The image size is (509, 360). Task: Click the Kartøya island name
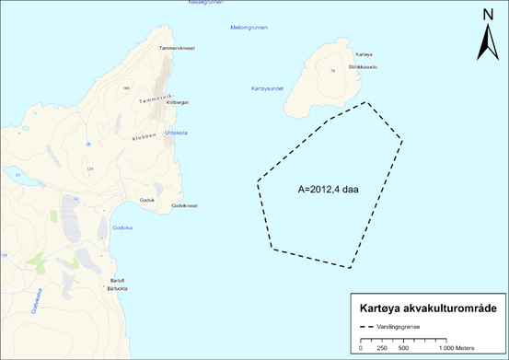(337, 56)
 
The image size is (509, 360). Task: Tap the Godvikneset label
(185, 206)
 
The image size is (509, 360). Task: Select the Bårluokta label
(119, 288)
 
